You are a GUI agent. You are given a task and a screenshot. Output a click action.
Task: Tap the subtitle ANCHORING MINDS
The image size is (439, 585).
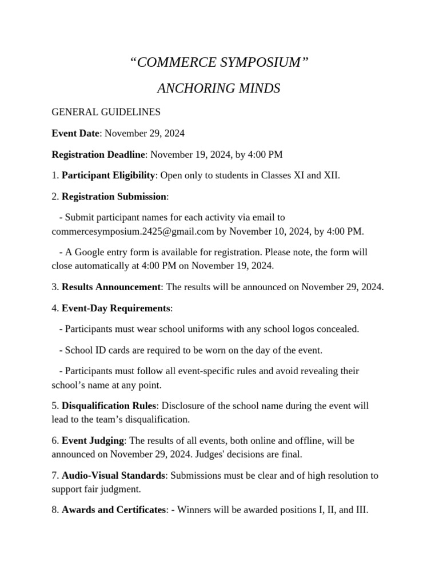[x=219, y=89]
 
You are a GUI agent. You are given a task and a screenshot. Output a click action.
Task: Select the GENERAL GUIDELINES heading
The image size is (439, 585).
[x=106, y=112]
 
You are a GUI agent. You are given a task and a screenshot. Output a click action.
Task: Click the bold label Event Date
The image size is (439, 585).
[x=75, y=133]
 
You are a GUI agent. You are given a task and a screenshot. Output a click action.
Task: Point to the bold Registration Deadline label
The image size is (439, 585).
[x=99, y=154]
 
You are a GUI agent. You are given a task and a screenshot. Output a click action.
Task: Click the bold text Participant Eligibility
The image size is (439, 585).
[x=108, y=175]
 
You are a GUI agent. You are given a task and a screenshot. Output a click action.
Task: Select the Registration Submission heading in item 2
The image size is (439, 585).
[x=114, y=196]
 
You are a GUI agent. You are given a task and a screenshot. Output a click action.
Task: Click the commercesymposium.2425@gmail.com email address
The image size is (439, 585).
[x=133, y=231]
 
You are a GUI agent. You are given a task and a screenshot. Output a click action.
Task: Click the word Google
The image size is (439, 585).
[x=90, y=251]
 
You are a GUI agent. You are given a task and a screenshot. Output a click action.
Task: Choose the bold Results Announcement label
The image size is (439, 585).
[x=111, y=286]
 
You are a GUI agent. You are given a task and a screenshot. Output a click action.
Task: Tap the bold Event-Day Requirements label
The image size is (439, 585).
[x=115, y=308]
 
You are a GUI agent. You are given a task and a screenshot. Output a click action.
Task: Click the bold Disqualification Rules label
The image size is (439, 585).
[x=109, y=406]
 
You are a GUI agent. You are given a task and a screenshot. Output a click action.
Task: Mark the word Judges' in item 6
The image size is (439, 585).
[x=252, y=454]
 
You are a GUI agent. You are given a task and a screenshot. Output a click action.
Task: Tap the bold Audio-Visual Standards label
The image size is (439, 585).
[x=113, y=475]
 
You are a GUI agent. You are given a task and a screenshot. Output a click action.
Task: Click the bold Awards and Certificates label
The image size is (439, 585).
[x=113, y=510]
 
